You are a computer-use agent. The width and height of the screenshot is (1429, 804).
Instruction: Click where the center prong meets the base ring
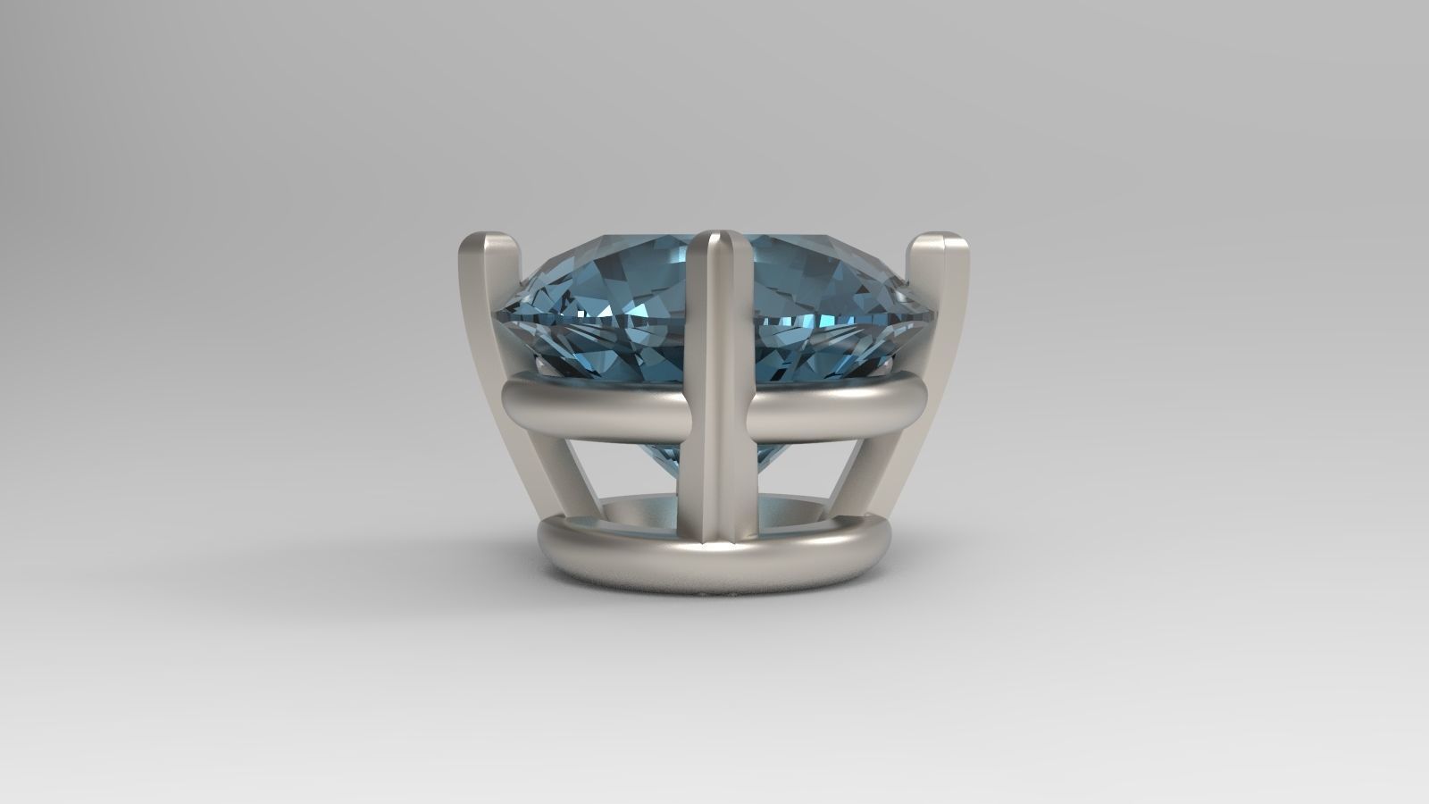719,536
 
